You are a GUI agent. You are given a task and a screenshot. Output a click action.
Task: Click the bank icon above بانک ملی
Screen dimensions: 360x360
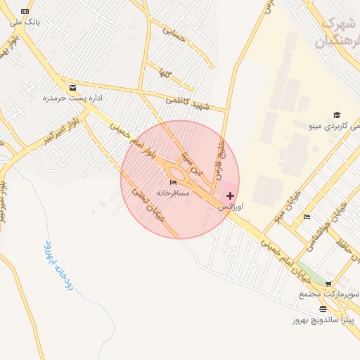26,12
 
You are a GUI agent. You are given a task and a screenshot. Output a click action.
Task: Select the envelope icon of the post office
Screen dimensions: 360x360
73,88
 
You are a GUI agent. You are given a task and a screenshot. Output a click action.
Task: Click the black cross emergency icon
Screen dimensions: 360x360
230,195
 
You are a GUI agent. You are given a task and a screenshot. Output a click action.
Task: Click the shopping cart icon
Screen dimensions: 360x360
328,283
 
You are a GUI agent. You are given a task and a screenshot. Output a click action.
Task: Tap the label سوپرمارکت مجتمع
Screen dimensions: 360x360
330,293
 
